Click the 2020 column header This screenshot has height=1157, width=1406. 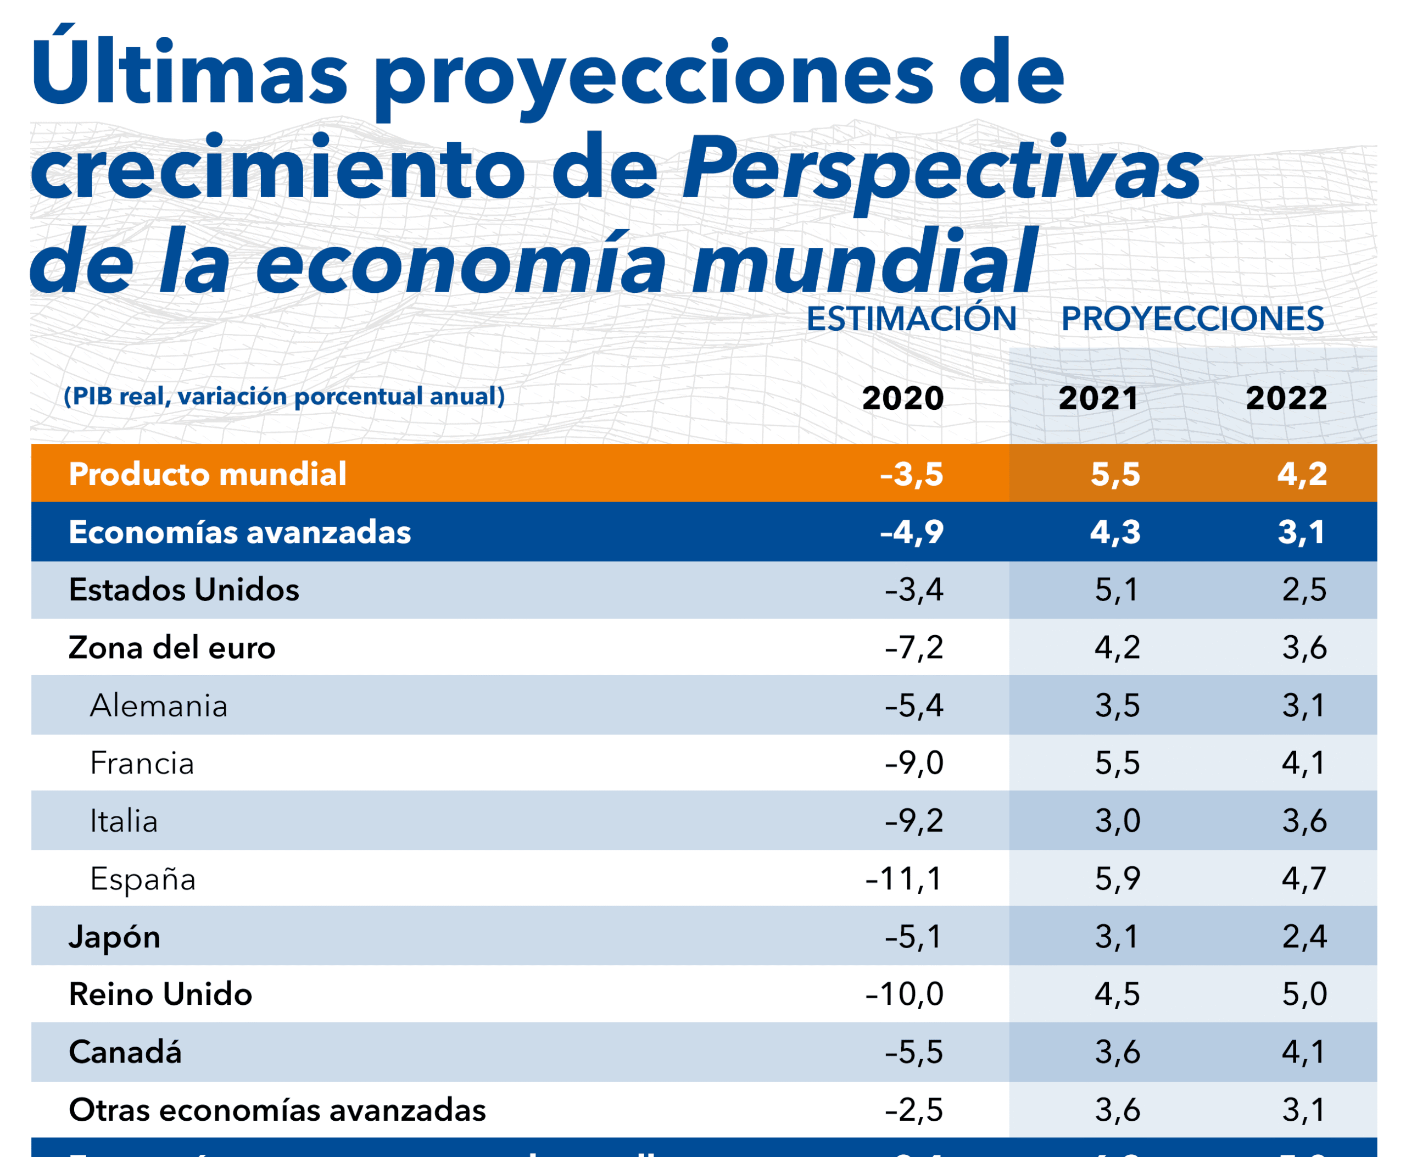point(902,398)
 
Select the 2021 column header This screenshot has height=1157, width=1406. point(1098,398)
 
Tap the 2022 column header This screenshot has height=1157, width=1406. point(1286,398)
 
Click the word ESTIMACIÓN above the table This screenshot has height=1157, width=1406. point(911,319)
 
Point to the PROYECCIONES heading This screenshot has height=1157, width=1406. point(1192,319)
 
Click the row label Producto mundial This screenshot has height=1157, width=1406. point(207,474)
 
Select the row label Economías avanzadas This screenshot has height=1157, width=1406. point(239,532)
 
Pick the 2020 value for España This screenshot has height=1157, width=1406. point(903,878)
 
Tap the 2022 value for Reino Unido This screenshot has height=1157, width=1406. point(1304,994)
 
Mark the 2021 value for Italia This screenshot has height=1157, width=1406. point(1117,820)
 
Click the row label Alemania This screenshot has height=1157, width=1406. point(159,705)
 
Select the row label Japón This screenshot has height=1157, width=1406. point(115,936)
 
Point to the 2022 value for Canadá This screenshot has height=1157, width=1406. point(1304,1052)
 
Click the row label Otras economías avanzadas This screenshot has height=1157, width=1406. point(277,1110)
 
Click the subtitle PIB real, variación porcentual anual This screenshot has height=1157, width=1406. point(284,396)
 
